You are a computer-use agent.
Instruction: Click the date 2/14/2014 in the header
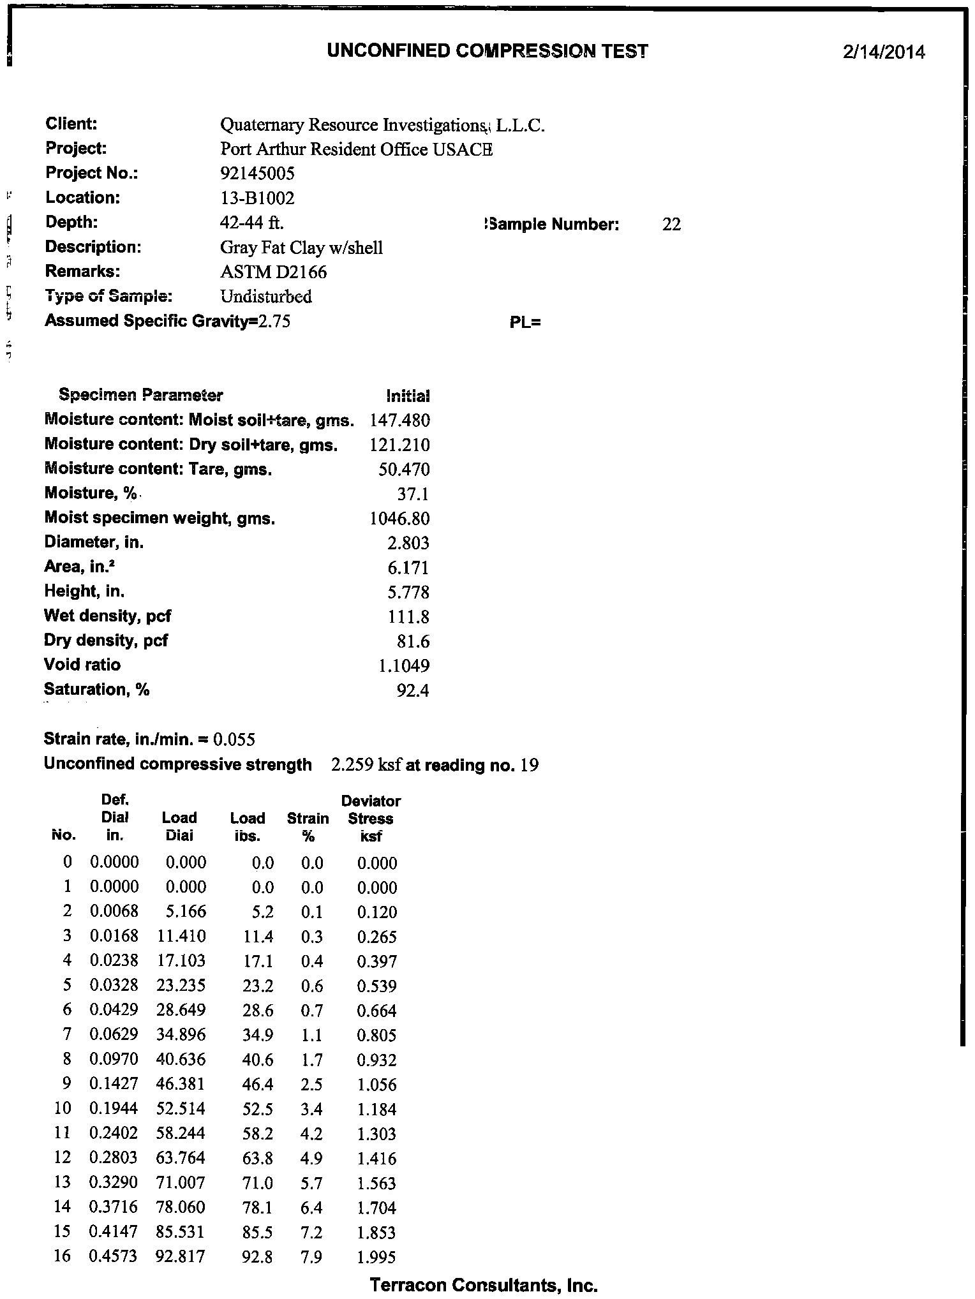pos(883,52)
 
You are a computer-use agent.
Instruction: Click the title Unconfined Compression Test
pos(487,51)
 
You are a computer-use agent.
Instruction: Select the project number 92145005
pos(257,174)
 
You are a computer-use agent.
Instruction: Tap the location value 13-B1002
pos(257,198)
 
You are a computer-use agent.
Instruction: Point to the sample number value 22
pos(671,225)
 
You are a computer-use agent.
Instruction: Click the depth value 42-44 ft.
pos(252,223)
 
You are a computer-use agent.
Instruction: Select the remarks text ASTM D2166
pos(273,272)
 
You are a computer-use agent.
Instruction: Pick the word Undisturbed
pos(266,297)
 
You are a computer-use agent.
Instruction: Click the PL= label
pos(525,323)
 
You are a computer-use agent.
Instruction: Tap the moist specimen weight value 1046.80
pos(399,519)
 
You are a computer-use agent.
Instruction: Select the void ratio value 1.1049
pos(404,666)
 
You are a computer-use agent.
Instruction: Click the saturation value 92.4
pos(413,690)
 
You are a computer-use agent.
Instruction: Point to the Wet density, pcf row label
pos(107,616)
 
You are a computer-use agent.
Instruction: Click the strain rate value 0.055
pos(234,740)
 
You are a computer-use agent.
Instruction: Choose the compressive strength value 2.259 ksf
pos(366,765)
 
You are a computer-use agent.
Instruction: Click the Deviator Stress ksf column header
pos(371,819)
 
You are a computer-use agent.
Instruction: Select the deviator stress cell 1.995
pos(376,1258)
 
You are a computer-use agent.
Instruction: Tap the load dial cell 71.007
pos(181,1184)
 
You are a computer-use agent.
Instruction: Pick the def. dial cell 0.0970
pos(114,1060)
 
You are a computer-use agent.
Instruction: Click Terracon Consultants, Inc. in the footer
pos(484,1285)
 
